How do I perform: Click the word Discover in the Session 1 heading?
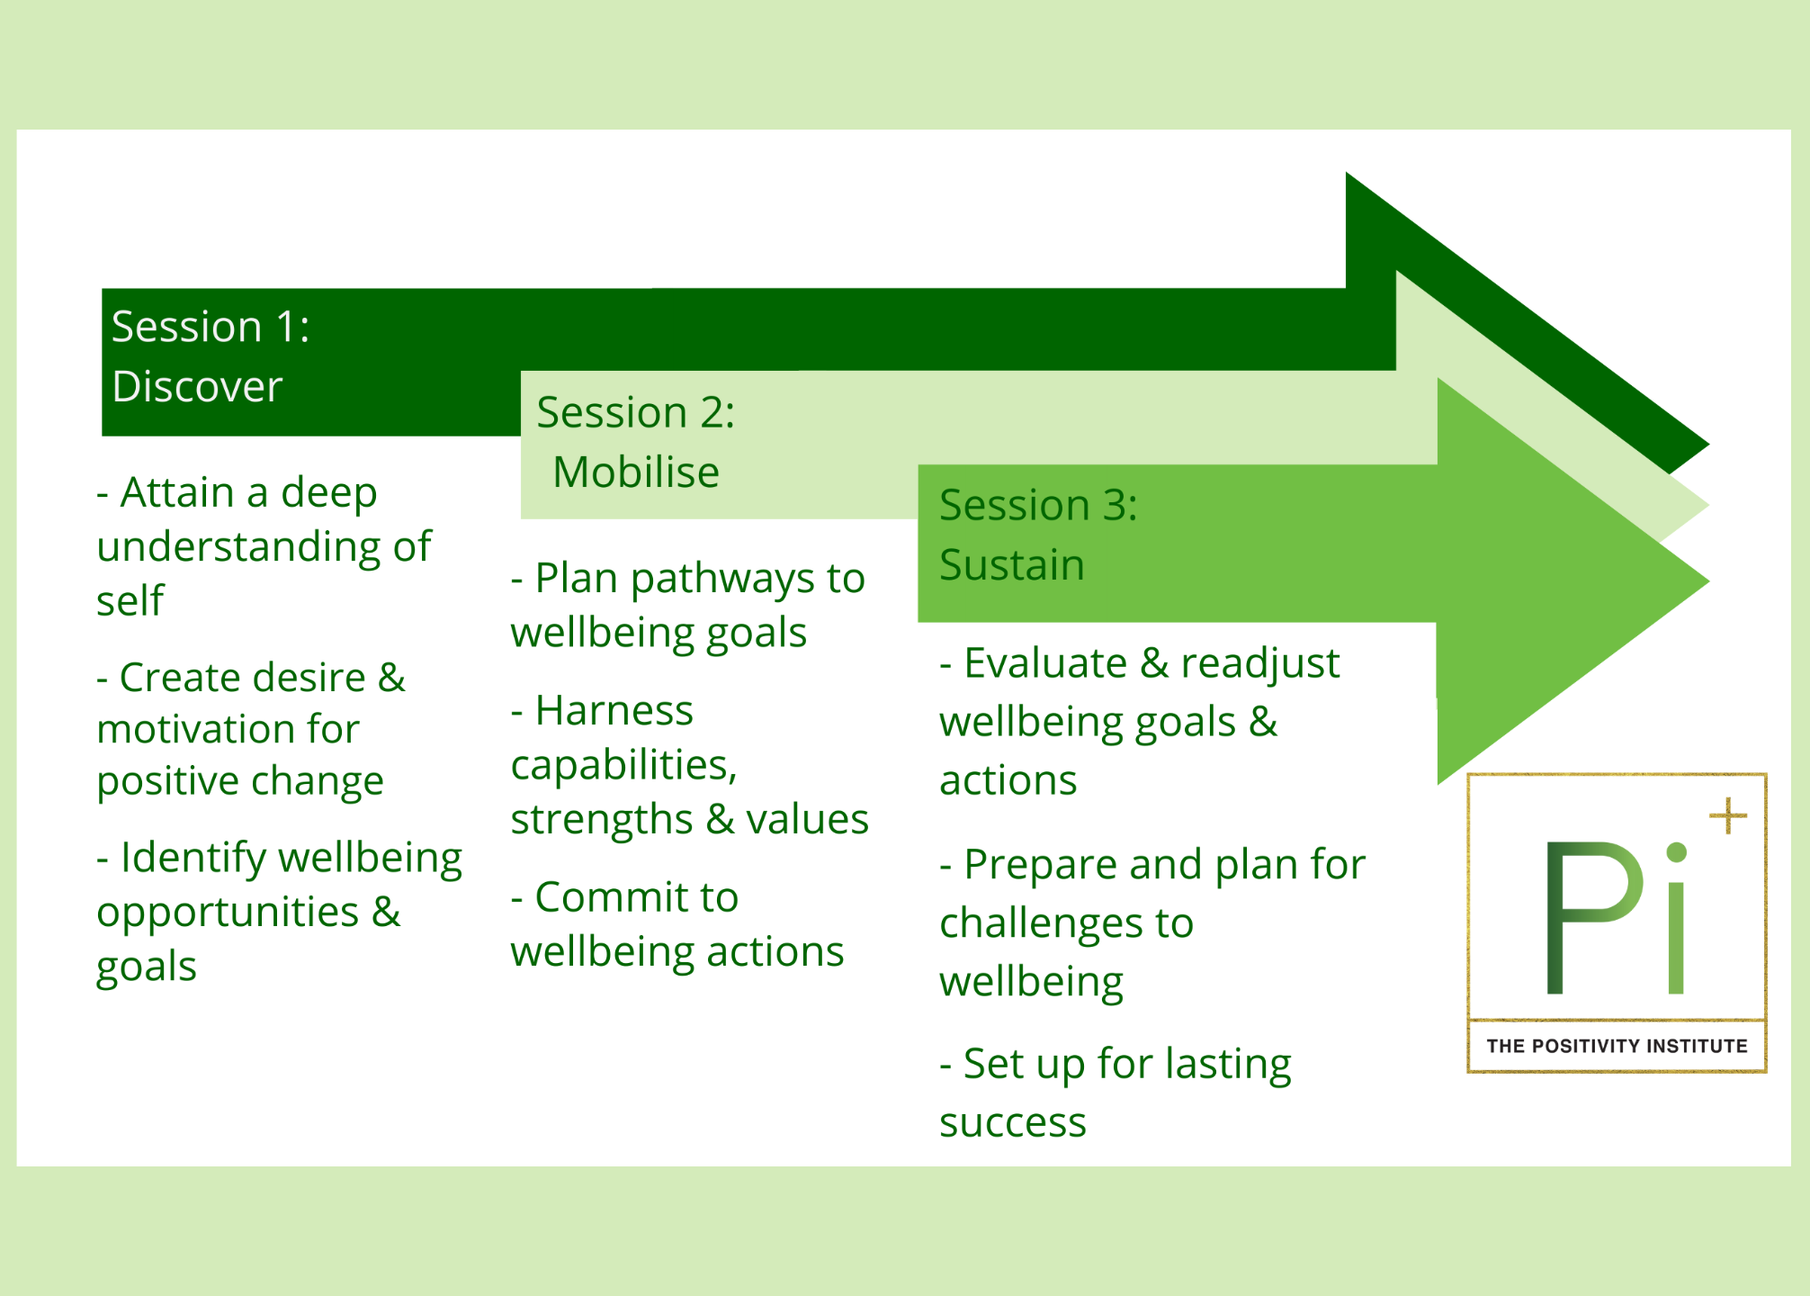(197, 387)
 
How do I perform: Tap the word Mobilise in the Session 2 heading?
(636, 472)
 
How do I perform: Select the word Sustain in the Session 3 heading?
(1012, 565)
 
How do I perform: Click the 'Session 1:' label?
(211, 327)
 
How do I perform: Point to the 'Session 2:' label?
(636, 413)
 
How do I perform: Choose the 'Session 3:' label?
(1038, 505)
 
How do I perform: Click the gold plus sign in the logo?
(1727, 816)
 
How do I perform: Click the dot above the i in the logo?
(1676, 852)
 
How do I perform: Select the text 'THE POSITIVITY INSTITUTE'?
(1617, 1046)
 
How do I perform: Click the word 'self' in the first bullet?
(130, 601)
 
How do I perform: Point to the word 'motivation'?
(228, 729)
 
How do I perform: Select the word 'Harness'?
(614, 711)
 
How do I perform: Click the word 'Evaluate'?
(1045, 663)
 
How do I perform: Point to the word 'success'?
(1013, 1122)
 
